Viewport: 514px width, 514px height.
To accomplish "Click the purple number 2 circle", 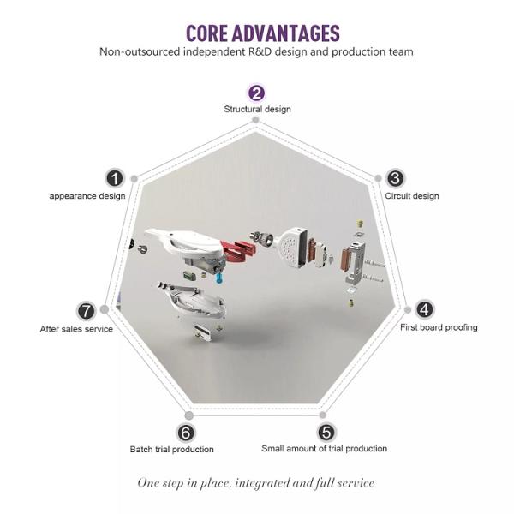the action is tap(256, 93).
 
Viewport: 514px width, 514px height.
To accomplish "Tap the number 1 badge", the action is tap(115, 179).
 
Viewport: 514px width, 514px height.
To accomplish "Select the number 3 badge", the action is tap(395, 178).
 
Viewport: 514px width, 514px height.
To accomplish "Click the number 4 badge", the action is tap(425, 309).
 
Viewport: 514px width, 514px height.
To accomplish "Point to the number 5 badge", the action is tap(326, 432).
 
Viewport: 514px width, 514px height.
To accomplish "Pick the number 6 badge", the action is tap(186, 433).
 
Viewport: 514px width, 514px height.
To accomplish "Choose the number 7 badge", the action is tap(86, 311).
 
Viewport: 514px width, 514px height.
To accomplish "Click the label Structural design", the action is tap(257, 109).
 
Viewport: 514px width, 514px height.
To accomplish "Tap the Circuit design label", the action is tap(412, 196).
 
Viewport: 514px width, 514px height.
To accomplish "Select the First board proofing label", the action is tap(439, 327).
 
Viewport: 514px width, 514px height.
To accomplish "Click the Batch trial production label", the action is tap(172, 449).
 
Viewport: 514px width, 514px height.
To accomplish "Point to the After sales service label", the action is tap(76, 329).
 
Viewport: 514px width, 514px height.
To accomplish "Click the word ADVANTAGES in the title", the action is tap(286, 33).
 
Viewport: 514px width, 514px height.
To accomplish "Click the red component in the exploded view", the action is tap(238, 251).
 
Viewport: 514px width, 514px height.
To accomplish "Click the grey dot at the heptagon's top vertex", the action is tap(255, 120).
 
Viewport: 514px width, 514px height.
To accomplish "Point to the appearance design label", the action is tap(87, 196).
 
